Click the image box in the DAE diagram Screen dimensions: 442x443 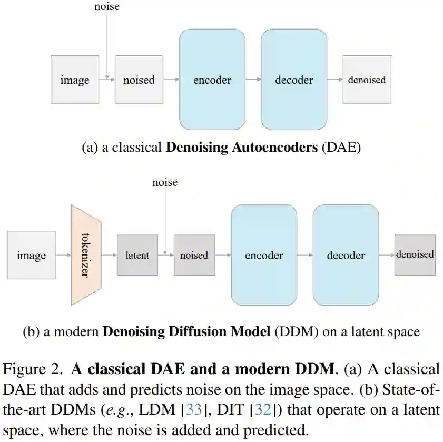coord(74,80)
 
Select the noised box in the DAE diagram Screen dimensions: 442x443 coord(139,80)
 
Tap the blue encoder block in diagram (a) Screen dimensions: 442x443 coord(212,80)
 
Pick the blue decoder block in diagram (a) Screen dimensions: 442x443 coord(294,80)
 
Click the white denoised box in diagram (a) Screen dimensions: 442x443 coord(367,80)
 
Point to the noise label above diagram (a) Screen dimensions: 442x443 coord(106,7)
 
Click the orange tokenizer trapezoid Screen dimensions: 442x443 coord(86,256)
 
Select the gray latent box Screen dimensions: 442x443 coord(137,256)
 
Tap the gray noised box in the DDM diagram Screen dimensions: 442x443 coord(194,256)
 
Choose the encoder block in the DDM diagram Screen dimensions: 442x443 coord(264,256)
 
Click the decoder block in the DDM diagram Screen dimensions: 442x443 coord(346,256)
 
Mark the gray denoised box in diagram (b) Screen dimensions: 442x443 coord(415,254)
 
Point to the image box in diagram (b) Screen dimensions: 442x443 coord(31,256)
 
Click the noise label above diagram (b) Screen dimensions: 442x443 coord(165,182)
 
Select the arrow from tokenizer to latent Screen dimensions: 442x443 coord(109,256)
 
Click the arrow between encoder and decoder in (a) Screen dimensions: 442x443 coord(253,80)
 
